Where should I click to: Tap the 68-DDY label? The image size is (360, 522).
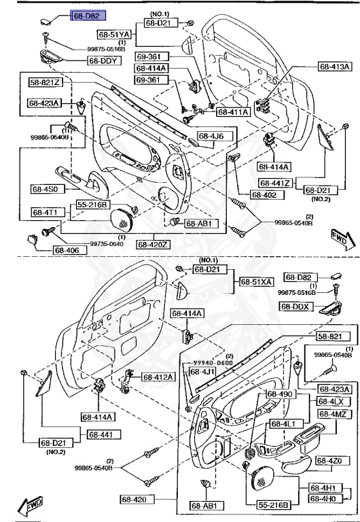(x=102, y=60)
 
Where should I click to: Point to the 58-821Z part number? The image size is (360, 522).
(x=45, y=82)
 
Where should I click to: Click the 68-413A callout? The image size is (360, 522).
(x=336, y=67)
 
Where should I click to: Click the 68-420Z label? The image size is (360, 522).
(x=154, y=243)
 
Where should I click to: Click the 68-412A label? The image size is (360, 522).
(x=158, y=377)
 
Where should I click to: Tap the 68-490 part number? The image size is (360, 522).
(x=279, y=394)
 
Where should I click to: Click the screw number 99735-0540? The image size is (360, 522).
(x=107, y=243)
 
